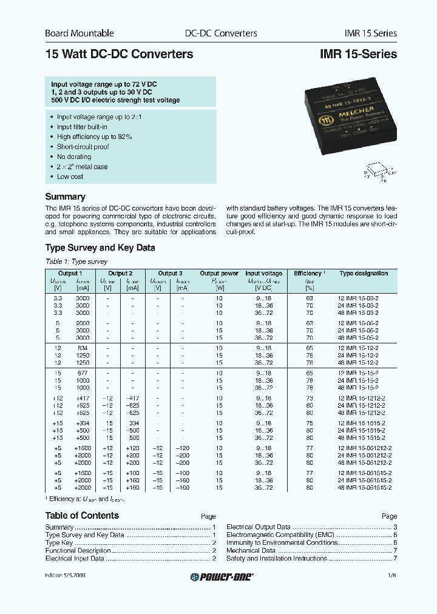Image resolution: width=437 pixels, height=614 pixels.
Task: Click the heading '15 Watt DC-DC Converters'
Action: (119, 54)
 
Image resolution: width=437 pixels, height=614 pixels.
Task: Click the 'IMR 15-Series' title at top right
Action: (358, 54)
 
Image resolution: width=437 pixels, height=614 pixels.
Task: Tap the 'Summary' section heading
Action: (65, 197)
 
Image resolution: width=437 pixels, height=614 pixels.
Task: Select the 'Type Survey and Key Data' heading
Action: (100, 248)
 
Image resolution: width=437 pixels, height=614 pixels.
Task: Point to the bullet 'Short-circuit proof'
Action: (83, 147)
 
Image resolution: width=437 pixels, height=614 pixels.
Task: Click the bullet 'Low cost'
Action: (70, 177)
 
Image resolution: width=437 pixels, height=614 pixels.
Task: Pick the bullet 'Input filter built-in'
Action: (82, 127)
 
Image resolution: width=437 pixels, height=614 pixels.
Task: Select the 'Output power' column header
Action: (219, 274)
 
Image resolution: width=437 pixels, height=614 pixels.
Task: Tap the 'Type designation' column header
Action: (364, 274)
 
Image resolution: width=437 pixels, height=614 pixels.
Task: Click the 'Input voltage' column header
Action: (263, 274)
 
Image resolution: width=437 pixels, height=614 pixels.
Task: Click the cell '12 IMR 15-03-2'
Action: (357, 299)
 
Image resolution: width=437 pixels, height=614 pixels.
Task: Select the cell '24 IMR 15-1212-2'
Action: (362, 405)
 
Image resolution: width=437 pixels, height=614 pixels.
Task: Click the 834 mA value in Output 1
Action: (83, 348)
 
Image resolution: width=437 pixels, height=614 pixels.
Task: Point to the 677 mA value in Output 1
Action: (83, 373)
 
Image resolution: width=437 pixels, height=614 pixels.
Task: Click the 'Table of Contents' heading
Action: (82, 516)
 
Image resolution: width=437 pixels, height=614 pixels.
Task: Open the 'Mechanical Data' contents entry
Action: (251, 550)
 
